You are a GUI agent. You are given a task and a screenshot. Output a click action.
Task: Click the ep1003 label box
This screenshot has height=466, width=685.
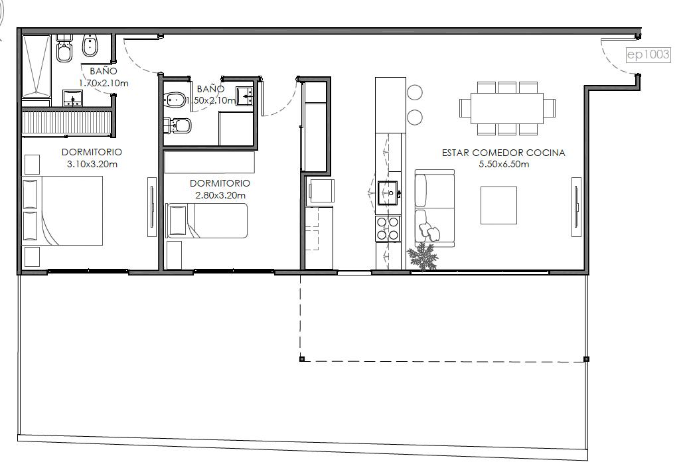pos(648,54)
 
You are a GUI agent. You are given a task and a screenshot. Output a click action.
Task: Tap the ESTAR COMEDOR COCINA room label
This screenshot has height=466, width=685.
pos(503,153)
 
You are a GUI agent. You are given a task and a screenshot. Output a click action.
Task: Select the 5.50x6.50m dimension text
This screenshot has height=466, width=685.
pos(504,164)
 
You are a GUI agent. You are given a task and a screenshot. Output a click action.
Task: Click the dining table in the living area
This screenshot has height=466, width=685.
pos(507,108)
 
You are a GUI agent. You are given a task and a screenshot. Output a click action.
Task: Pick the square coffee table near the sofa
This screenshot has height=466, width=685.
pos(499,205)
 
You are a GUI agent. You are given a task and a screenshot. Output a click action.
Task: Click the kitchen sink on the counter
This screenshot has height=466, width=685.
pos(387,193)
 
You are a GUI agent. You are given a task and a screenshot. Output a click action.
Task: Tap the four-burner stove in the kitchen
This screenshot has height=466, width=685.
pos(388,228)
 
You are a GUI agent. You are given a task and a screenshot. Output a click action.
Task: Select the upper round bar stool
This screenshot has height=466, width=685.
pos(415,92)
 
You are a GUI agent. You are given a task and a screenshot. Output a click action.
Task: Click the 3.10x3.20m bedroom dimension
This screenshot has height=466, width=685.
pos(92,165)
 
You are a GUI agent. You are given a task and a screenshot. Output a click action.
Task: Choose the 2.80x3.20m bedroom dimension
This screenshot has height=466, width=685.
pos(220,195)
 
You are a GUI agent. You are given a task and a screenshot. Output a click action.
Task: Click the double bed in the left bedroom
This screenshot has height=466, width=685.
pos(62,210)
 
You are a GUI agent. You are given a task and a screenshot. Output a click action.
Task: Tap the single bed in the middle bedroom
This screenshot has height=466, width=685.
pos(206,220)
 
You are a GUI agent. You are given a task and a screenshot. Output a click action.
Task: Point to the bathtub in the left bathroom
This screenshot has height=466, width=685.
pos(37,66)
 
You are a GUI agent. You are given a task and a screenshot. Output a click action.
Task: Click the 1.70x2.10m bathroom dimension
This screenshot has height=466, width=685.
pos(104,83)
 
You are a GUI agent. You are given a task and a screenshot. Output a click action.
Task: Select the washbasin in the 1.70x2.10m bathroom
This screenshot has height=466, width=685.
pos(72,98)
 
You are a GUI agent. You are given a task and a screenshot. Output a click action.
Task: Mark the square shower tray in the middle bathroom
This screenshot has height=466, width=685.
pos(236,128)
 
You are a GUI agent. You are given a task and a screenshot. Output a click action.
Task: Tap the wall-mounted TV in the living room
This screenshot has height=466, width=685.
pos(576,207)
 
